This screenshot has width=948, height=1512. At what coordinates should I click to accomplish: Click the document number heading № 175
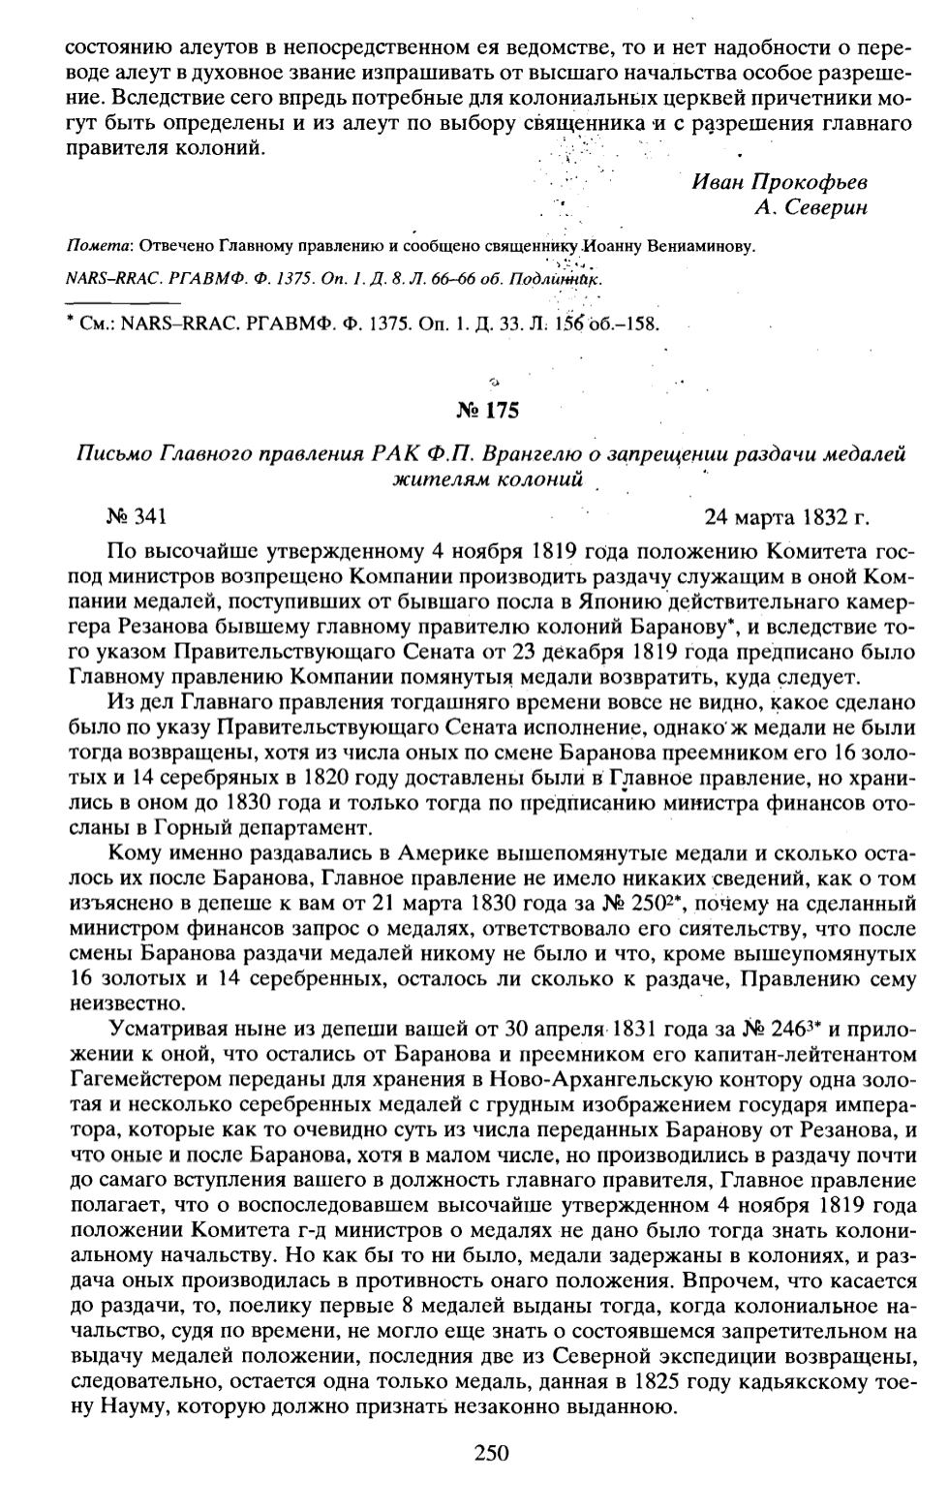point(487,411)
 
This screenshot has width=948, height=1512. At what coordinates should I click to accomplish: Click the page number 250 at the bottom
point(491,1452)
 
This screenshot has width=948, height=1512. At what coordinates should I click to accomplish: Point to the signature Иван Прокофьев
point(780,182)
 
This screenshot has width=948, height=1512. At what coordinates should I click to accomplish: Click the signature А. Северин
point(812,206)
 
